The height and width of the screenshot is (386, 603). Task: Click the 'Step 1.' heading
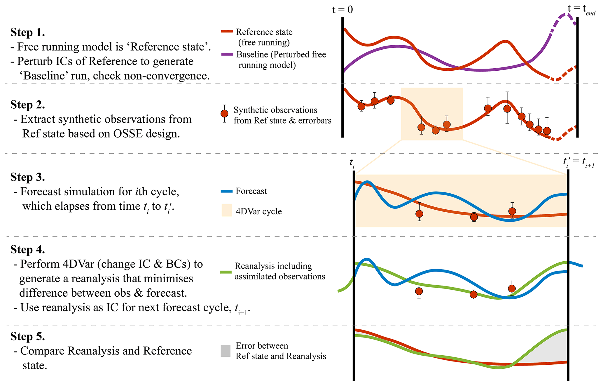28,32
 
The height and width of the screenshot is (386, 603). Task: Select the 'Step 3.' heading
28,177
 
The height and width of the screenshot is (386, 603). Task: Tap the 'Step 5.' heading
28,336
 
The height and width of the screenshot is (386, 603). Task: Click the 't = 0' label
342,10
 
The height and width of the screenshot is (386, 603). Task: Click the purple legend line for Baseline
227,54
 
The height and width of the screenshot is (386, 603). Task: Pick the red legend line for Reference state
227,31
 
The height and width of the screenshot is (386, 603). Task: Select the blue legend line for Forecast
227,191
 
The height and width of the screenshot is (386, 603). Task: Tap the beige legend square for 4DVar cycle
227,210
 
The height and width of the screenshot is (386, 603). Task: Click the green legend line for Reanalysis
226,272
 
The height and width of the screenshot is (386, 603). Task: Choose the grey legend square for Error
226,351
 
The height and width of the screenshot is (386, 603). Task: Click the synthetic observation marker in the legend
224,114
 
